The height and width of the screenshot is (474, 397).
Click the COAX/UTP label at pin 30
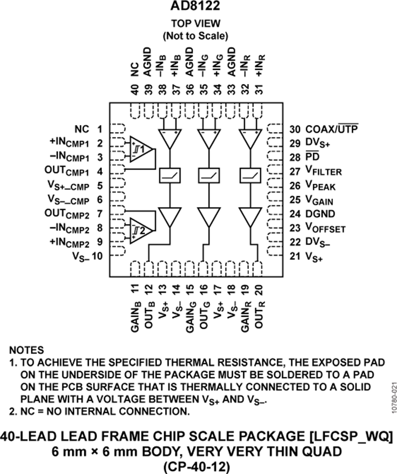[x=331, y=129]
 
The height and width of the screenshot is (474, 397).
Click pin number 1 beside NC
[x=100, y=129]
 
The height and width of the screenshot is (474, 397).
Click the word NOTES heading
[x=26, y=350]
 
